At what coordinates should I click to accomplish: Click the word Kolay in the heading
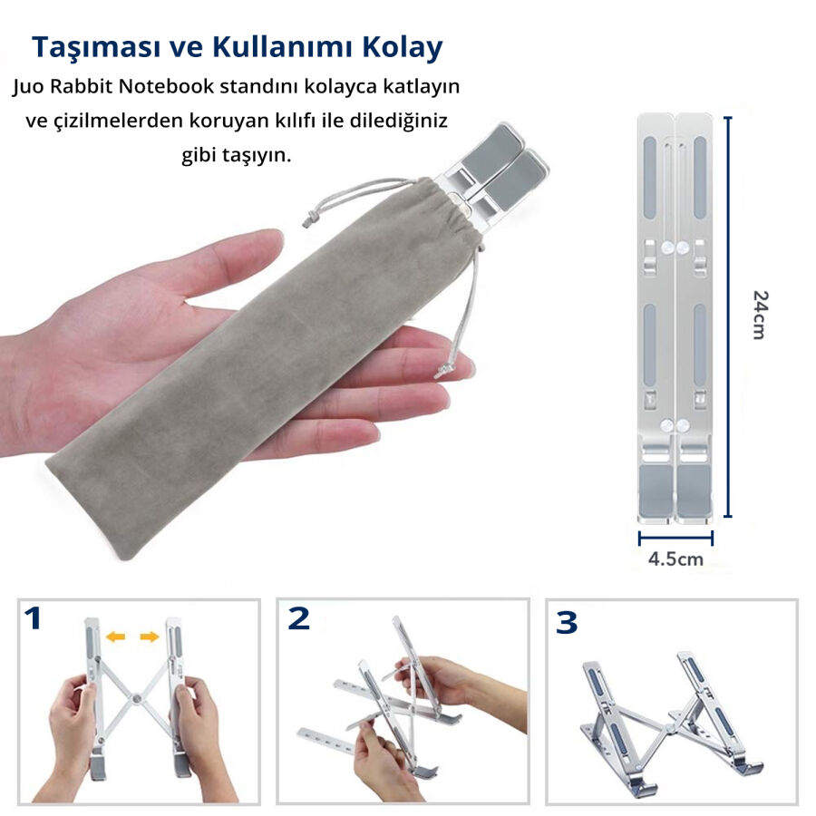coord(403,47)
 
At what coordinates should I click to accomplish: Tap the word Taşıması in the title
coord(96,48)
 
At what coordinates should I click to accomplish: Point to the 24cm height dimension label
coord(761,316)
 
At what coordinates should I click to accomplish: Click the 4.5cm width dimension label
coord(675,559)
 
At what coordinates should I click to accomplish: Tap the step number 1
coord(33,618)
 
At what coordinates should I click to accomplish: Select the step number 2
coord(298,618)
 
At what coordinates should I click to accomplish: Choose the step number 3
coord(567,622)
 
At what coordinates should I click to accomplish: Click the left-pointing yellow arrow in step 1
coord(115,636)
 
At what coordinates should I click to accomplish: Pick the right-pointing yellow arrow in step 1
coord(150,636)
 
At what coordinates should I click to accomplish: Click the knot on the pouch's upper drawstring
coord(310,219)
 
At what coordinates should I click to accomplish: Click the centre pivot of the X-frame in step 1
coord(136,698)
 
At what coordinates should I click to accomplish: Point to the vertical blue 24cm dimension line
coord(728,317)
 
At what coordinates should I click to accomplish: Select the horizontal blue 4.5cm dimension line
coord(675,538)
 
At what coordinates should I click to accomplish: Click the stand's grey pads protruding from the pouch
coord(504,167)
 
